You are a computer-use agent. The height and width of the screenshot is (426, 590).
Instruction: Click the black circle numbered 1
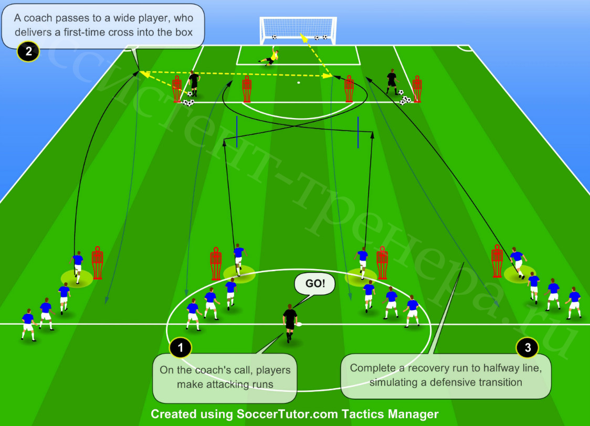click(x=181, y=347)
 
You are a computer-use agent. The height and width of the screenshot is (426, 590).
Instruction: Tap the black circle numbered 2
click(x=28, y=51)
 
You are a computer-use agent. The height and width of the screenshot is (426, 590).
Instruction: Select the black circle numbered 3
click(x=528, y=347)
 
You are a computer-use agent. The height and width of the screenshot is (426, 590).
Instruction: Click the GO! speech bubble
click(x=314, y=283)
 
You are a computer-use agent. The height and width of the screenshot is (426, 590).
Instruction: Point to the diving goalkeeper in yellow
click(x=269, y=58)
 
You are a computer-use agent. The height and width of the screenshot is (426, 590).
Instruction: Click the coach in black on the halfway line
click(x=290, y=323)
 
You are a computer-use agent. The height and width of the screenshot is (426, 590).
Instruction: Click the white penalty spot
click(x=299, y=82)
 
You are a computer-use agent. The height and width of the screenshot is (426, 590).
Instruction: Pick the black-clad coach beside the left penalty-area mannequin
click(x=194, y=83)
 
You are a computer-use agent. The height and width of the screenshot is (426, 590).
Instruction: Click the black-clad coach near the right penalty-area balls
click(x=392, y=81)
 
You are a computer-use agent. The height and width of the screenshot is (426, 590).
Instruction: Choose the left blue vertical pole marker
click(x=237, y=132)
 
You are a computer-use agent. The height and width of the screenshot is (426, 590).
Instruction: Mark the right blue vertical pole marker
click(x=358, y=132)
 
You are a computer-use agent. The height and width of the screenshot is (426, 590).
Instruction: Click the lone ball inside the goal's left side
click(x=275, y=37)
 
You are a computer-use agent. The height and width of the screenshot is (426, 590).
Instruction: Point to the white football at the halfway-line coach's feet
click(x=299, y=324)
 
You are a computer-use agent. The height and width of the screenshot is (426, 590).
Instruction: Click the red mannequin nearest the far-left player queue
click(x=98, y=263)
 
